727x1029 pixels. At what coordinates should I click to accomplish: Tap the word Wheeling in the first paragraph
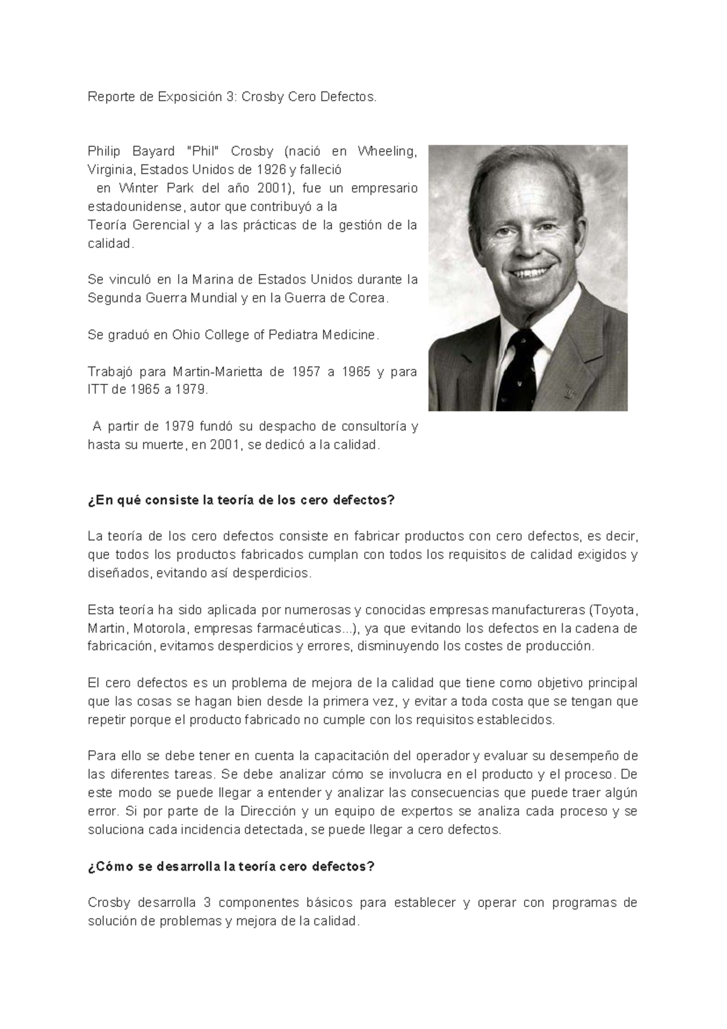(387, 151)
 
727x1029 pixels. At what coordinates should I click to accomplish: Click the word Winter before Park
(139, 188)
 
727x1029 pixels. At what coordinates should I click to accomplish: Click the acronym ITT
(98, 390)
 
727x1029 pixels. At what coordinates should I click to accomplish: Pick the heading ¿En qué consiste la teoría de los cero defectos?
(241, 500)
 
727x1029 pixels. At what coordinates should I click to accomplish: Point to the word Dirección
(268, 811)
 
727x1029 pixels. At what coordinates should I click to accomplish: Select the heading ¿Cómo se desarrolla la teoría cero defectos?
(231, 866)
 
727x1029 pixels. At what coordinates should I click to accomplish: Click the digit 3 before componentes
(207, 903)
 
